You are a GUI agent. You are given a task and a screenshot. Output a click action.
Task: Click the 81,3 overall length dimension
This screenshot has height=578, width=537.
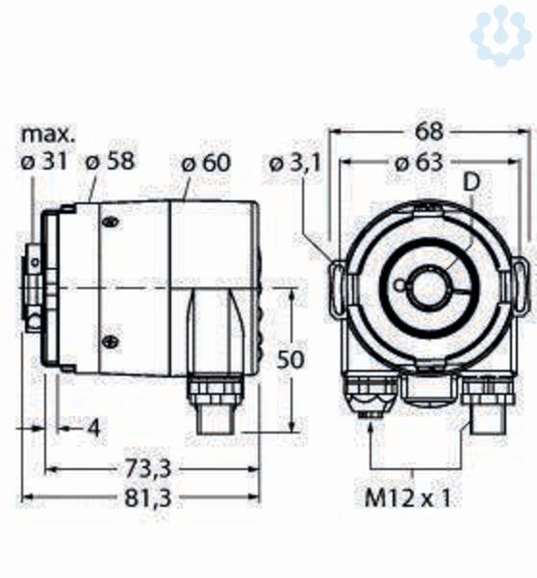click(147, 498)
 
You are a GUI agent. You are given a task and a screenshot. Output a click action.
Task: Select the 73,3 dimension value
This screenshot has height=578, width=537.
click(147, 469)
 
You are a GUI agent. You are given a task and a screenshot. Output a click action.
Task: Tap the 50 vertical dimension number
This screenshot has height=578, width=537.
click(291, 359)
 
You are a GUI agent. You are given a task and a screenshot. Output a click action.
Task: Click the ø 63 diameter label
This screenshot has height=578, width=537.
click(419, 163)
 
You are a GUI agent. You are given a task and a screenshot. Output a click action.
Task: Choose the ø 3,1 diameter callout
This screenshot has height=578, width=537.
click(295, 164)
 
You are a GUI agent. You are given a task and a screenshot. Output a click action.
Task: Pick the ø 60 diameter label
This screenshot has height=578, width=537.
click(206, 163)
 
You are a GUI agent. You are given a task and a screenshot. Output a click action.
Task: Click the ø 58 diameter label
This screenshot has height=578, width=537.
click(110, 161)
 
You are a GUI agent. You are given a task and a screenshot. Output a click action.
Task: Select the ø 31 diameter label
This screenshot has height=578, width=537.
click(44, 161)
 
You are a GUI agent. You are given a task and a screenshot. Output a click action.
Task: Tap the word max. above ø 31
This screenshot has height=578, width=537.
click(48, 135)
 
